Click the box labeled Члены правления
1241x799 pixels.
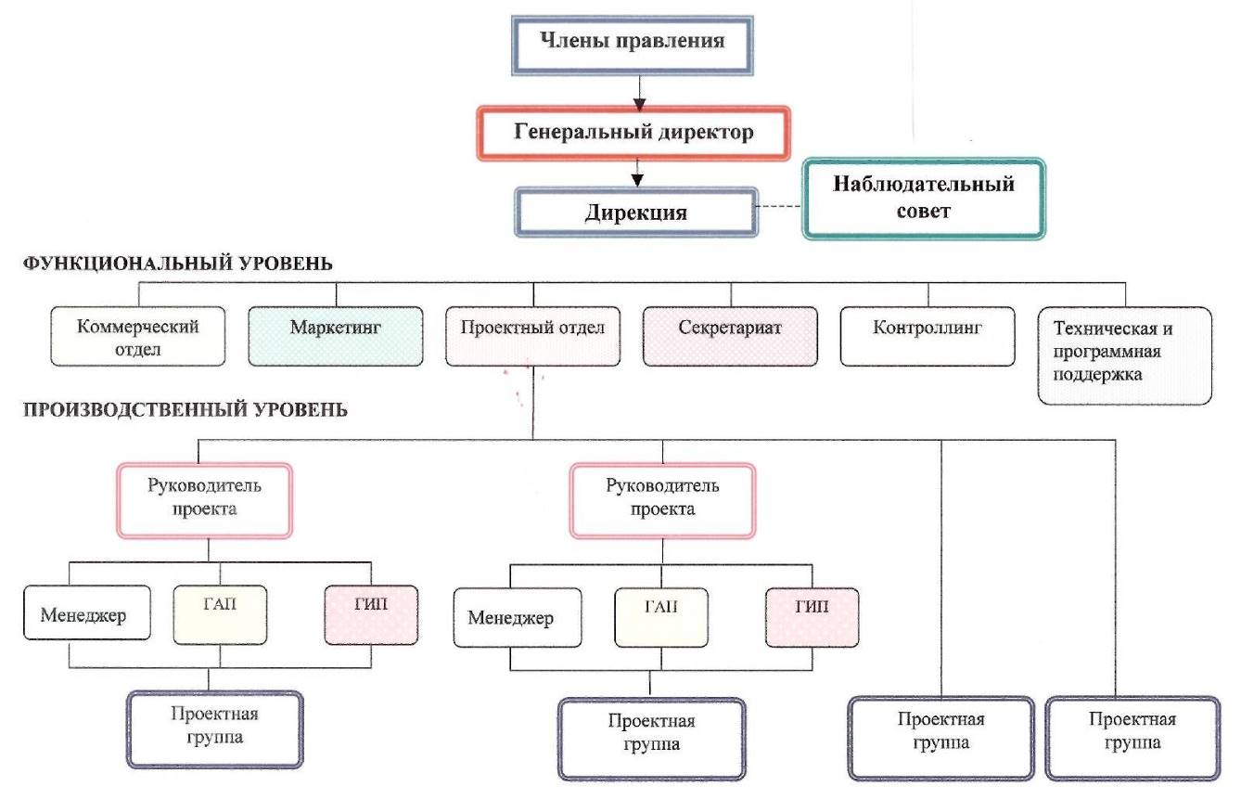633,45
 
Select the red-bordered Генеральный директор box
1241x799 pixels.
633,134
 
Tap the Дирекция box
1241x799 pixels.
636,213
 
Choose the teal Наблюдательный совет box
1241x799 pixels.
924,200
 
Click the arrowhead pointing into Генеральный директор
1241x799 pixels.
639,104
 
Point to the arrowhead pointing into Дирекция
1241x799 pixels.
637,180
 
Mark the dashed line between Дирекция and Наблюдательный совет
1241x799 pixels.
779,206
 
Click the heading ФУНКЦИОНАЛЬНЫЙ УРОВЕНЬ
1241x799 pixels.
178,264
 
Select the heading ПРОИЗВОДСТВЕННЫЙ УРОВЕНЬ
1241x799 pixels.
186,410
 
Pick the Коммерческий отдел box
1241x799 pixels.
138,337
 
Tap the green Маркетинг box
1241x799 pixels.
336,337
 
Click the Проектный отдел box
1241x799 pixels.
533,337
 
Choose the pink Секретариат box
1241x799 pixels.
730,337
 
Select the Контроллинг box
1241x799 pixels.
928,337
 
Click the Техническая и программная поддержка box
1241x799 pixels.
1125,356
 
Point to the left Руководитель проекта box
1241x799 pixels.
204,501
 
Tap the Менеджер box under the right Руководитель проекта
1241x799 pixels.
518,618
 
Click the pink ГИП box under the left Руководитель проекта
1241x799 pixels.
371,615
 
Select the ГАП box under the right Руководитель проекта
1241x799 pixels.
661,618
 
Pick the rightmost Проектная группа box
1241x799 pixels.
1132,738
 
